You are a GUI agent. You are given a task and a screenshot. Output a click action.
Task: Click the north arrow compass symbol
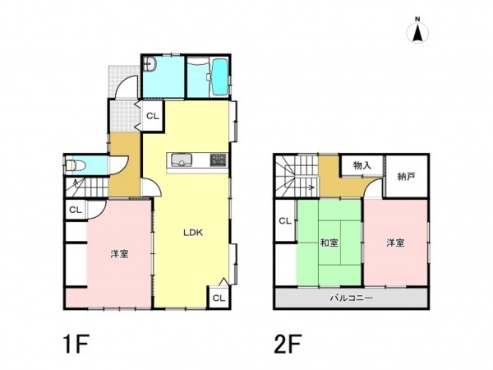pos(417,31)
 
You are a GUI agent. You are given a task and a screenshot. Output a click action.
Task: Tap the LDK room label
pos(193,233)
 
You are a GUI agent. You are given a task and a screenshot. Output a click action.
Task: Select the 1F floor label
pos(76,345)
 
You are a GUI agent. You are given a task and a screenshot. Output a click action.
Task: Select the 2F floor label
pos(288,345)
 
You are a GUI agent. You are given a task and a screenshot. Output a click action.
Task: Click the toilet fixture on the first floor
pos(76,165)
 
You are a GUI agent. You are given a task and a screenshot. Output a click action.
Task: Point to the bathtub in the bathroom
pos(219,77)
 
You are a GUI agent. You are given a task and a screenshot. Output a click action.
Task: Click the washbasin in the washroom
pos(150,64)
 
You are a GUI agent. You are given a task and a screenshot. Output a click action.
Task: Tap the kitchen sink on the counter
pos(181,160)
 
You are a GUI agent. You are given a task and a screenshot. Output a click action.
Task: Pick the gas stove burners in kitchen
pos(218,160)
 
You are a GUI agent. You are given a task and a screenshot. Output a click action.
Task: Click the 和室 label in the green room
pos(329,243)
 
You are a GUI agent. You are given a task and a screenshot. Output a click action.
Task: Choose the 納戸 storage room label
pos(406,177)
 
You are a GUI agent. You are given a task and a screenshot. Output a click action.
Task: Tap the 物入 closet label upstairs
pos(362,165)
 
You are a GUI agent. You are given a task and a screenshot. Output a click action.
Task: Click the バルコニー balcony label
pos(351,298)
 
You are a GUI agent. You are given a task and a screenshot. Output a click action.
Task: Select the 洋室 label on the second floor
pos(395,243)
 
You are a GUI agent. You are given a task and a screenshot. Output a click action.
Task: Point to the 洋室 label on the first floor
pos(119,254)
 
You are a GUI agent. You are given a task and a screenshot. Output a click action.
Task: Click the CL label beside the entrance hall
pos(153,116)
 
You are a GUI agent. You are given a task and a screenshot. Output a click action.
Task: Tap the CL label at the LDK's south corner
pos(219,298)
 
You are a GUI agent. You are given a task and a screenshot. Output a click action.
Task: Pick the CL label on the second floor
pos(285,221)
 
